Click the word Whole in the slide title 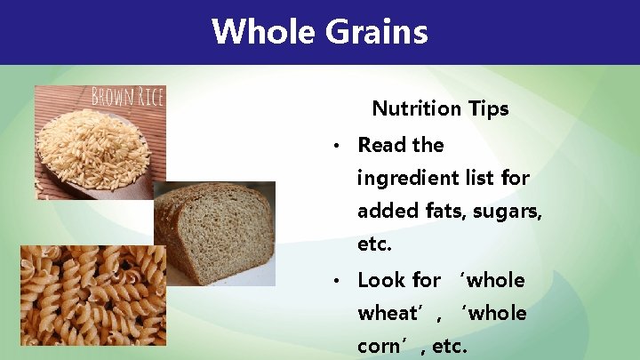[264, 32]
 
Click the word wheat [388, 314]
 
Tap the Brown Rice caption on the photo [127, 96]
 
